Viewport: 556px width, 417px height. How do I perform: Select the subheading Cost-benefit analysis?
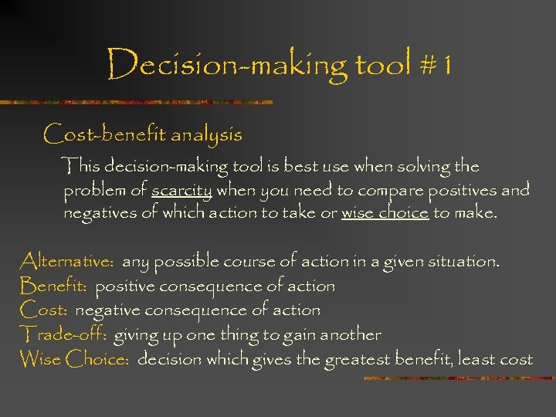[143, 134]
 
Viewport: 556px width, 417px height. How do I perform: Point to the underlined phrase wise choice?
[385, 213]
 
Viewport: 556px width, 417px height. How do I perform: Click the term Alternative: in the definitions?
[67, 262]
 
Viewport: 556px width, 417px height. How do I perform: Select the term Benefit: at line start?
[54, 286]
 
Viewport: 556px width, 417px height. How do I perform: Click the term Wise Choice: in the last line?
[74, 359]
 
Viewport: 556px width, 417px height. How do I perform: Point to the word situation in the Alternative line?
[461, 262]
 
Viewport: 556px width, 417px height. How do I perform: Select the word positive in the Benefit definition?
[124, 286]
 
